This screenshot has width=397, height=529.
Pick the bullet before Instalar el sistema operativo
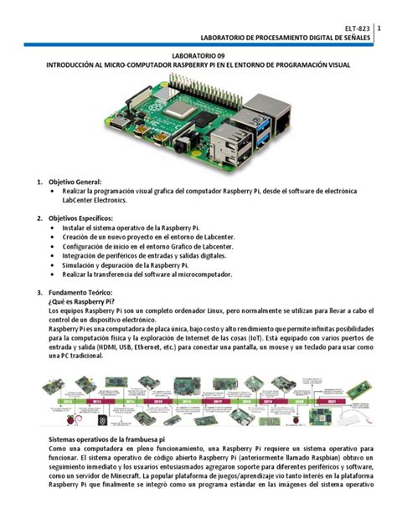(54, 227)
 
